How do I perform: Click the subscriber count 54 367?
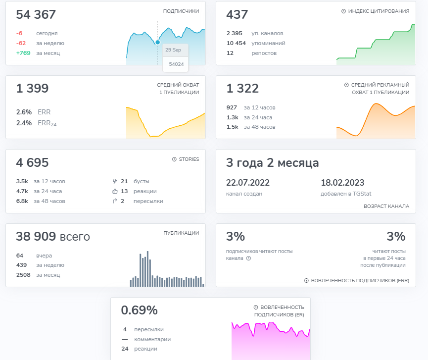(x=36, y=15)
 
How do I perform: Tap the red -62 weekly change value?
(x=21, y=43)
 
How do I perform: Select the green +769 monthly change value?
(x=23, y=53)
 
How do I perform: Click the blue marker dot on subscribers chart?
(x=157, y=42)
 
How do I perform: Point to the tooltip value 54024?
(x=176, y=64)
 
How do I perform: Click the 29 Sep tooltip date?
(x=173, y=50)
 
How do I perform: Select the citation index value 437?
(x=237, y=15)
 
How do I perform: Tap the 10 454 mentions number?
(x=236, y=43)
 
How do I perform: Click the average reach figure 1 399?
(x=32, y=89)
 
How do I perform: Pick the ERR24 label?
(x=47, y=123)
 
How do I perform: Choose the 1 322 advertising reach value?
(x=242, y=89)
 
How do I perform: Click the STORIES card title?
(x=189, y=159)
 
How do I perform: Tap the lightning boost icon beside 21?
(x=115, y=181)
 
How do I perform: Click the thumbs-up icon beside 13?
(x=115, y=191)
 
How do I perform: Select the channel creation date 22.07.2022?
(x=248, y=183)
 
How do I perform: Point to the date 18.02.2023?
(x=342, y=183)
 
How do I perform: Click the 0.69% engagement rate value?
(x=139, y=310)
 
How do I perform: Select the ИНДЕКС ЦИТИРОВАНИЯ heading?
(x=378, y=11)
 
